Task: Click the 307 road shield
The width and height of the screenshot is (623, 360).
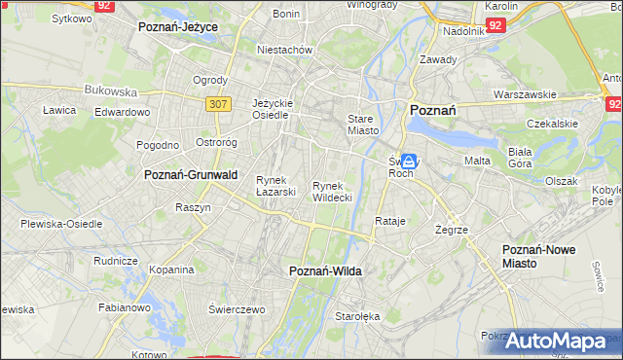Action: (x=217, y=102)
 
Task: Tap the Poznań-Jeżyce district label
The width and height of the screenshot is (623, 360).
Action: (x=178, y=27)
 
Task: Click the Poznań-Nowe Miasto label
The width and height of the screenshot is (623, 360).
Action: (x=538, y=256)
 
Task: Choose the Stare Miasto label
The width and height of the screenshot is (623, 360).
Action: (x=362, y=124)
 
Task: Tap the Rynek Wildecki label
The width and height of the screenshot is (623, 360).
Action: (x=332, y=192)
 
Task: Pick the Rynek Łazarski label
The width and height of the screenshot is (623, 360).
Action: (x=275, y=186)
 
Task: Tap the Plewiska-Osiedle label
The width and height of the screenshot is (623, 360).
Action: (x=62, y=224)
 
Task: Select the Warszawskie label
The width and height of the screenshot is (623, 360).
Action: (x=524, y=95)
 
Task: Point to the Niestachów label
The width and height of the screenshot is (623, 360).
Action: (x=283, y=50)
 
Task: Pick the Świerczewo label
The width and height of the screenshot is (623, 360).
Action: (x=237, y=308)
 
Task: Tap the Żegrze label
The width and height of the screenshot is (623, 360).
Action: (x=452, y=230)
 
